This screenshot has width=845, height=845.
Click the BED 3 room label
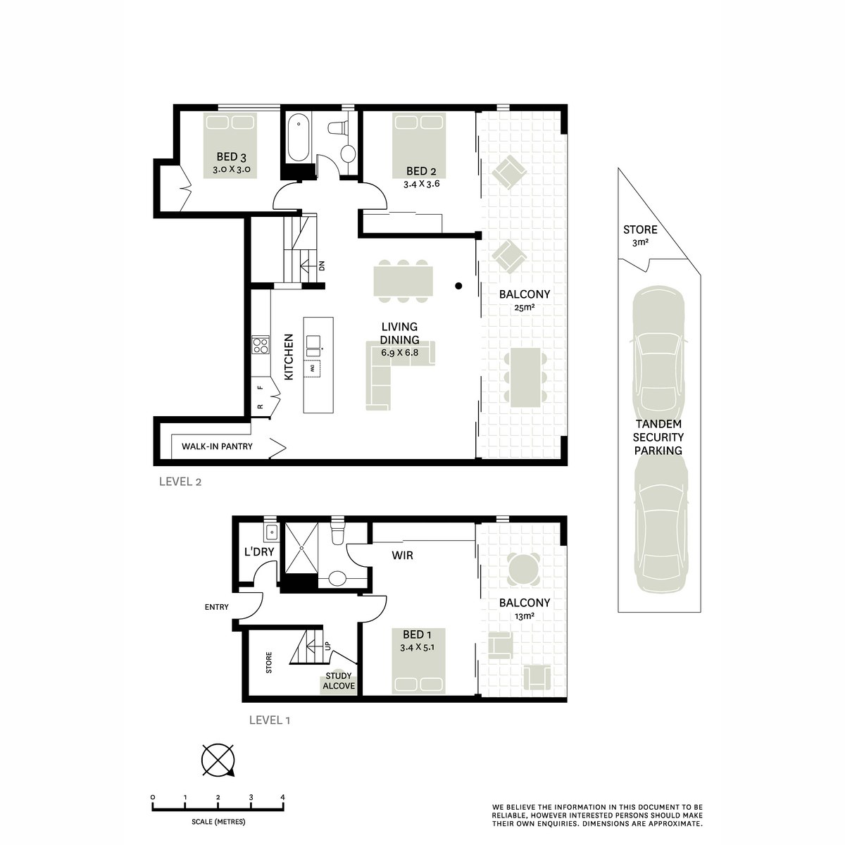pyautogui.click(x=231, y=156)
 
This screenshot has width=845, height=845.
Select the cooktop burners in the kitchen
pyautogui.click(x=260, y=344)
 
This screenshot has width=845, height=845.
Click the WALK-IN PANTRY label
pyautogui.click(x=217, y=446)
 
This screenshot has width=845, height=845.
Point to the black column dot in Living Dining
pyautogui.click(x=458, y=286)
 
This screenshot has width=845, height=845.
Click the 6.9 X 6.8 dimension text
pyautogui.click(x=399, y=351)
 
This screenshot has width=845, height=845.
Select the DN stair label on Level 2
pyautogui.click(x=322, y=265)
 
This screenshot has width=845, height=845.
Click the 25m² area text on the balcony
pyautogui.click(x=525, y=308)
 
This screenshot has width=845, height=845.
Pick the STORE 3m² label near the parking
pyautogui.click(x=640, y=235)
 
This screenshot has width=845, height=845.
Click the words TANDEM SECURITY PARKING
pyautogui.click(x=658, y=437)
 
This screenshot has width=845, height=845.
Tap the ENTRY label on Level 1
pyautogui.click(x=217, y=607)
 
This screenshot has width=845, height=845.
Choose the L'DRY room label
pyautogui.click(x=259, y=551)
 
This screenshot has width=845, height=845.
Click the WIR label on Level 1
pyautogui.click(x=402, y=556)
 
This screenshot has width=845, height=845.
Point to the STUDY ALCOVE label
pyautogui.click(x=339, y=681)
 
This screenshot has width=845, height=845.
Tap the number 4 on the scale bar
pyautogui.click(x=283, y=797)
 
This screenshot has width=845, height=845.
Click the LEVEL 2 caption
pyautogui.click(x=180, y=482)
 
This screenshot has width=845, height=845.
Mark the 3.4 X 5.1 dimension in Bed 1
pyautogui.click(x=417, y=647)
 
